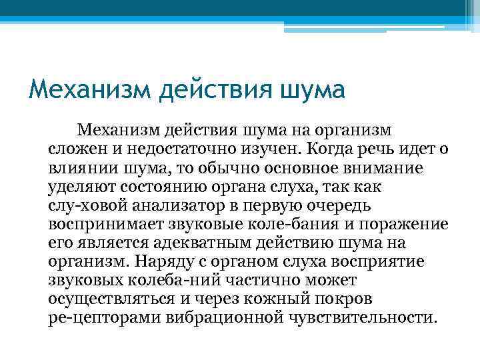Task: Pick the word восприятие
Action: (x=399, y=261)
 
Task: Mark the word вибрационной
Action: (x=223, y=318)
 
